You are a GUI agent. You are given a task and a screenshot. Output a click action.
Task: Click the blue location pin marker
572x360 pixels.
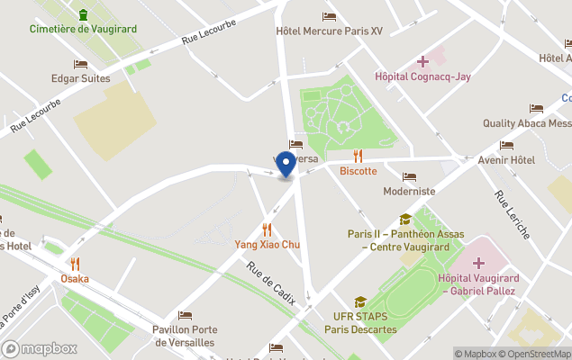(x=286, y=165)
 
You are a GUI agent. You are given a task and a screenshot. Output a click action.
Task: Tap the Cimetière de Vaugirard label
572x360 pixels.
(x=83, y=29)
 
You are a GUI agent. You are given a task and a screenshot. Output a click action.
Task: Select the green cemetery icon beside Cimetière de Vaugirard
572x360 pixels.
(x=83, y=14)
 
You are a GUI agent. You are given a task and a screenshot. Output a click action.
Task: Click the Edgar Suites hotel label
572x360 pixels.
(x=80, y=78)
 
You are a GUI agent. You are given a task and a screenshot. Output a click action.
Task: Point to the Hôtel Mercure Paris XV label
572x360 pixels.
(x=329, y=31)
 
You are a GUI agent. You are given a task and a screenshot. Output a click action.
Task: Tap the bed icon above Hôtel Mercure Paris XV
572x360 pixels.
(x=329, y=16)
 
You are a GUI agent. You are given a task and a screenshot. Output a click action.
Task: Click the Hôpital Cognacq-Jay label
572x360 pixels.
(x=422, y=77)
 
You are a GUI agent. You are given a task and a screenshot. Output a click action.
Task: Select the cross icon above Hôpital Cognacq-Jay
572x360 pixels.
(x=422, y=61)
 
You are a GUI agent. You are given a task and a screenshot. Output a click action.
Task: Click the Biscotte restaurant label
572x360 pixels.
(x=358, y=171)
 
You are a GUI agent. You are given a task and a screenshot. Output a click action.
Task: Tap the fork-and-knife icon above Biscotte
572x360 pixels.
(x=358, y=156)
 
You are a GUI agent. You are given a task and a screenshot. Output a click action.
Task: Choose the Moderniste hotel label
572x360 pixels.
(x=409, y=191)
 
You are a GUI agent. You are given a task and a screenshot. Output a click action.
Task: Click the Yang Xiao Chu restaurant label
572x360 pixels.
(x=267, y=245)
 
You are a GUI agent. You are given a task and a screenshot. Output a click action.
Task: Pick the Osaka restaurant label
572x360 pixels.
(x=75, y=278)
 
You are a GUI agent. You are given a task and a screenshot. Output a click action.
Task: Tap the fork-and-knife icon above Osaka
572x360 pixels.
(x=75, y=264)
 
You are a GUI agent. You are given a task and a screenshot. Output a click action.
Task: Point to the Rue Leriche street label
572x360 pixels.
(x=509, y=216)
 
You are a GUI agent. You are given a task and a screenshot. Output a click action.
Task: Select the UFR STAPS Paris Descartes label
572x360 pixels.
(x=360, y=323)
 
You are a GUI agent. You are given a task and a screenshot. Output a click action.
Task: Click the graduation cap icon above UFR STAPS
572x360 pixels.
(x=360, y=302)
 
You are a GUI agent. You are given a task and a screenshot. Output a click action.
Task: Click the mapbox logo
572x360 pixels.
(x=39, y=348)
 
